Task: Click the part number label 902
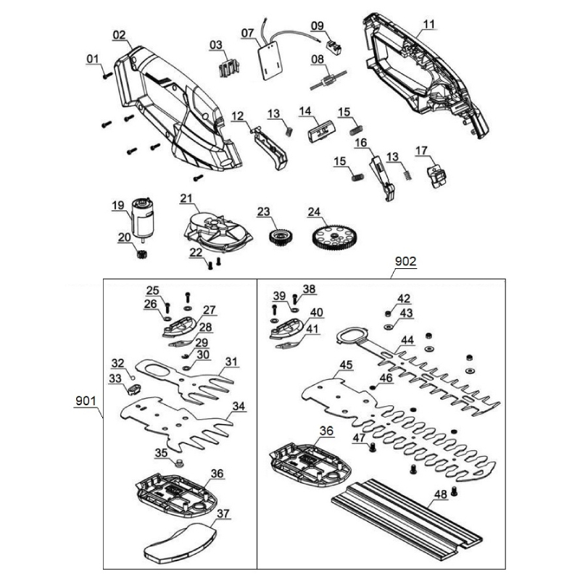pyautogui.click(x=405, y=261)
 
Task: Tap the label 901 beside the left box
pyautogui.click(x=86, y=401)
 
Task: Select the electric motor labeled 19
pyautogui.click(x=142, y=218)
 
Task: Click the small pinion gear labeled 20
pyautogui.click(x=142, y=254)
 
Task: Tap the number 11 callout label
pyautogui.click(x=428, y=25)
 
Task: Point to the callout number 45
pyautogui.click(x=346, y=365)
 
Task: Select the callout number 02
pyautogui.click(x=119, y=35)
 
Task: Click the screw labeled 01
pyautogui.click(x=107, y=75)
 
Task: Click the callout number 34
pyautogui.click(x=239, y=406)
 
